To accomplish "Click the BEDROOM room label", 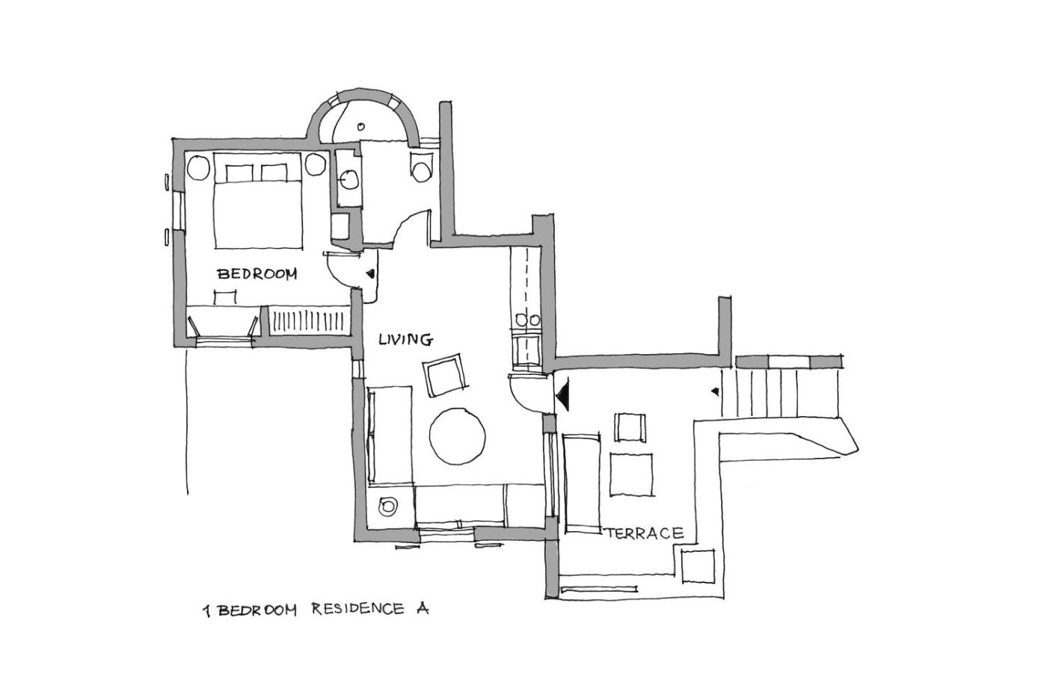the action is (x=257, y=273).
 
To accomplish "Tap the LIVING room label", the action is (x=405, y=339).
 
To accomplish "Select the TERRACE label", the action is (x=645, y=533).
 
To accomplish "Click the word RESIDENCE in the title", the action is (x=357, y=610).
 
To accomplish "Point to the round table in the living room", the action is (x=457, y=436).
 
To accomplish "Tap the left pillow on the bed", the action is (x=239, y=173).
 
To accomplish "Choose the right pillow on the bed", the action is (x=274, y=173).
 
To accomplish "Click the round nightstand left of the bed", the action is (x=199, y=167).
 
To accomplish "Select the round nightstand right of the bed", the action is (x=316, y=164).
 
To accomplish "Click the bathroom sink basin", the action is (x=349, y=179).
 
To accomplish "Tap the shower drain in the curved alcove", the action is (x=360, y=126).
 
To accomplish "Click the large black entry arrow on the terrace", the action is (x=562, y=395).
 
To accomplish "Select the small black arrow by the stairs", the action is (x=715, y=391).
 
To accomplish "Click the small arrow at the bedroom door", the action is (x=370, y=273).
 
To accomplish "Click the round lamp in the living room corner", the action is (x=387, y=506).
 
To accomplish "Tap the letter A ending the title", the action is (x=422, y=609).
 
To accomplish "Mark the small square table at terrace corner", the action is (x=698, y=566).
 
